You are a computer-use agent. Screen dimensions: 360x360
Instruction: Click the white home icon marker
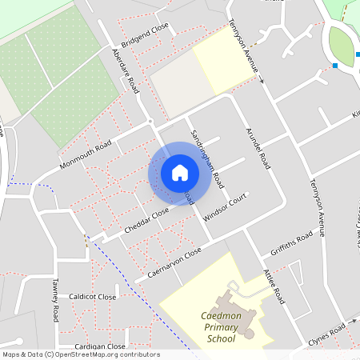coord(180,173)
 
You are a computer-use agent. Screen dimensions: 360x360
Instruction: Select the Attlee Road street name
coord(274,286)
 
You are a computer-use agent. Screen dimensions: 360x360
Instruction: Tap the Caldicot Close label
coord(93,297)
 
